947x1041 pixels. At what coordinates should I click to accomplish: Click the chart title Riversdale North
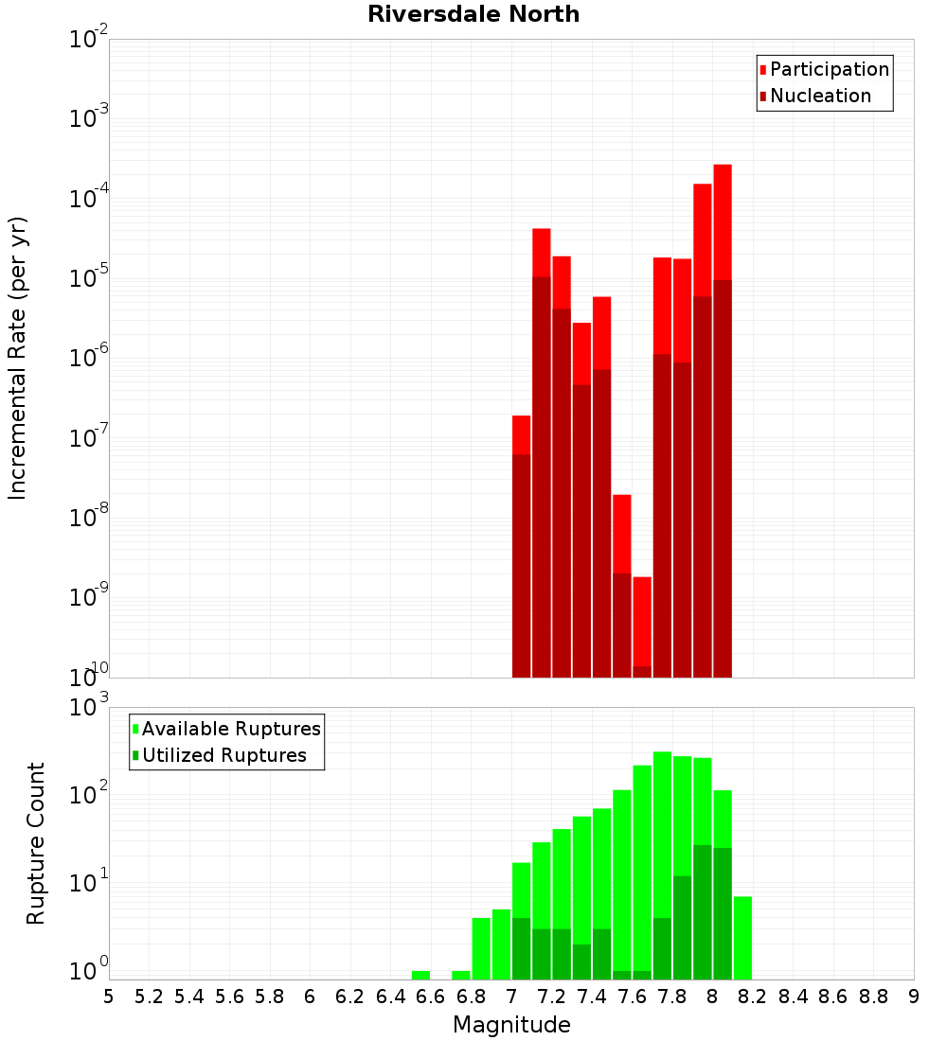click(473, 14)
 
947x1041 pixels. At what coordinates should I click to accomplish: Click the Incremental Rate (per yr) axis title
click(18, 358)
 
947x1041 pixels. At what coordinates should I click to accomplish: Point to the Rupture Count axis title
click(36, 843)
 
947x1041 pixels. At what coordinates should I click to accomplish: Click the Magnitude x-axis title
click(511, 1025)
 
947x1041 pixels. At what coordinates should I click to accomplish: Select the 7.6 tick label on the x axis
click(632, 997)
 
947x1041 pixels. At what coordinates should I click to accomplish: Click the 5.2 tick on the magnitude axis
click(149, 997)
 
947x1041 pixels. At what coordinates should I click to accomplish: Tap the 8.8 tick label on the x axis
click(873, 997)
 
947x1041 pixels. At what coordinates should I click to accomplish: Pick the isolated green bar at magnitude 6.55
click(420, 975)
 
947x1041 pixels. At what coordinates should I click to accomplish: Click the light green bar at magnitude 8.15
click(742, 937)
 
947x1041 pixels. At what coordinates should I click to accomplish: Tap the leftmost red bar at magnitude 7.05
click(521, 434)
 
